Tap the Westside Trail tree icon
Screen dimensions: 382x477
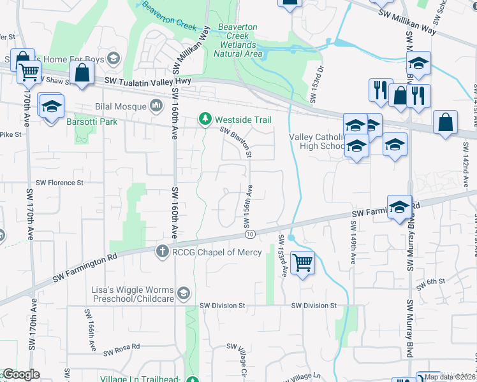tap(205, 120)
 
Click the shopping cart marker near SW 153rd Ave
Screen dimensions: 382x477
tap(302, 262)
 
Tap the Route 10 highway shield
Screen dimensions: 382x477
tap(250, 234)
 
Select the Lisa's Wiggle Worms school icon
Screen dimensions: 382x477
tap(184, 292)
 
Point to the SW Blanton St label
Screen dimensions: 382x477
tap(237, 143)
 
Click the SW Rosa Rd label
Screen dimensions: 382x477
tap(121, 351)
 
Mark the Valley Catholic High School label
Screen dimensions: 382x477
tap(317, 141)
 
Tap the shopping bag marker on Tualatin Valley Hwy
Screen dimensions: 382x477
tap(83, 73)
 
